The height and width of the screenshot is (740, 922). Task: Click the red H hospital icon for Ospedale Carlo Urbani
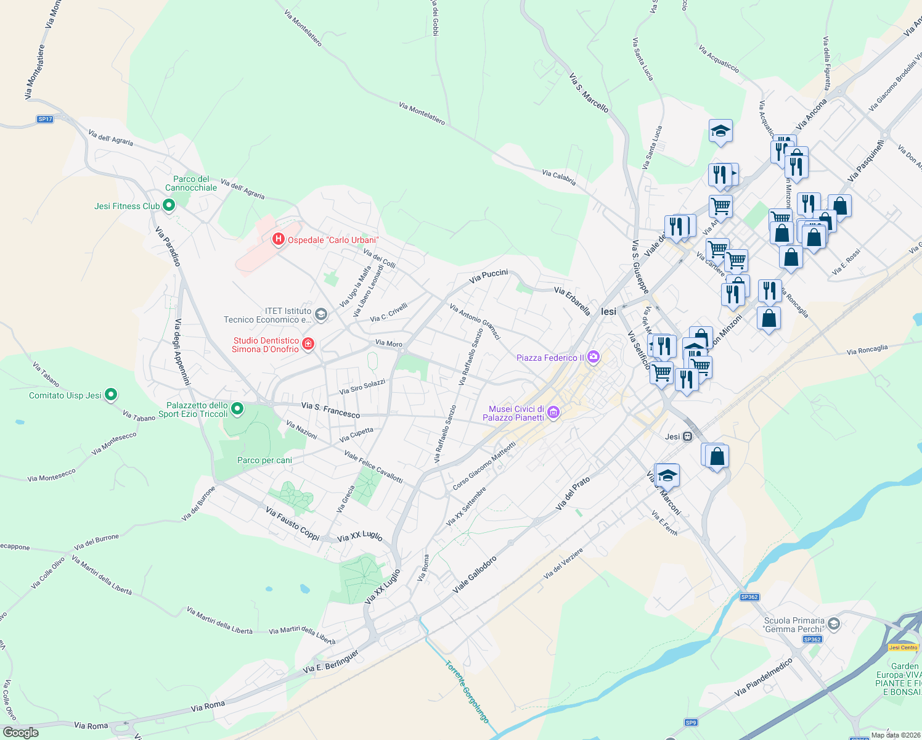[278, 239]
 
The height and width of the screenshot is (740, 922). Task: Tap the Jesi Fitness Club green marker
[169, 206]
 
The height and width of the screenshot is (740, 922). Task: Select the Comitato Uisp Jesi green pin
[111, 394]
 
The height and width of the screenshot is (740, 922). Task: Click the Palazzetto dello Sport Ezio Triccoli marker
[237, 408]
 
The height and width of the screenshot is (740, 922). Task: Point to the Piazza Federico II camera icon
[593, 356]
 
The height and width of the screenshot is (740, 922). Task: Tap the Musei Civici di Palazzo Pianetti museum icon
[553, 413]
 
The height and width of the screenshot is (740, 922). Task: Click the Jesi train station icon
[688, 437]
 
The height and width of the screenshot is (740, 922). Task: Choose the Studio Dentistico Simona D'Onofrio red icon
[308, 343]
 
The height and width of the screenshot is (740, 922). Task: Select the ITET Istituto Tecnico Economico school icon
[320, 314]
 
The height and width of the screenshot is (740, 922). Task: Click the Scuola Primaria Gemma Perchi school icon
[833, 624]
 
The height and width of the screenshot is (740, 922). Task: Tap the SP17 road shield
[45, 119]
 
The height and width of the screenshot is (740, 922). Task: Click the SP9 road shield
[690, 723]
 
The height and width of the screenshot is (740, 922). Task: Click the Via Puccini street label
[488, 276]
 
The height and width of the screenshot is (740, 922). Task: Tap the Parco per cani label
[264, 460]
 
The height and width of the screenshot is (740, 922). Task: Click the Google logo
[21, 733]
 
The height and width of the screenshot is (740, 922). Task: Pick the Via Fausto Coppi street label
[292, 524]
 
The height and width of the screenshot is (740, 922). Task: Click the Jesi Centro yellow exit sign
[904, 647]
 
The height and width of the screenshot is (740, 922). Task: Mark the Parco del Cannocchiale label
[191, 183]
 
